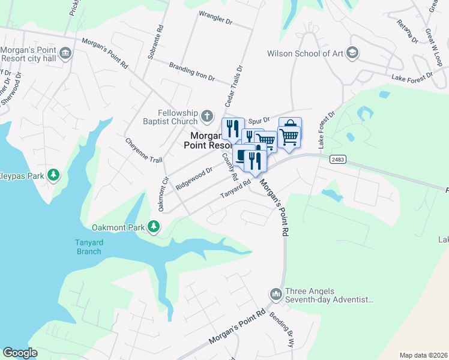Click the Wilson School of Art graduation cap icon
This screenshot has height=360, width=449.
(352, 53)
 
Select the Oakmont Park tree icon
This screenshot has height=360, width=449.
(155, 227)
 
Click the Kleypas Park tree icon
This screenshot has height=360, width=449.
(54, 175)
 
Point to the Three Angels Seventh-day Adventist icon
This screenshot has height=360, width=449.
(276, 294)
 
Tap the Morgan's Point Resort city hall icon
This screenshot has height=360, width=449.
(65, 54)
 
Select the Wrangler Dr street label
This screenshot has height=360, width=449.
(215, 17)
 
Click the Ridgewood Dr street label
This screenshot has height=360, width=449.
(194, 179)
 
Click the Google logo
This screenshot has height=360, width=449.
(20, 353)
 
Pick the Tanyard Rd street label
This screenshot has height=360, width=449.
(235, 190)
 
